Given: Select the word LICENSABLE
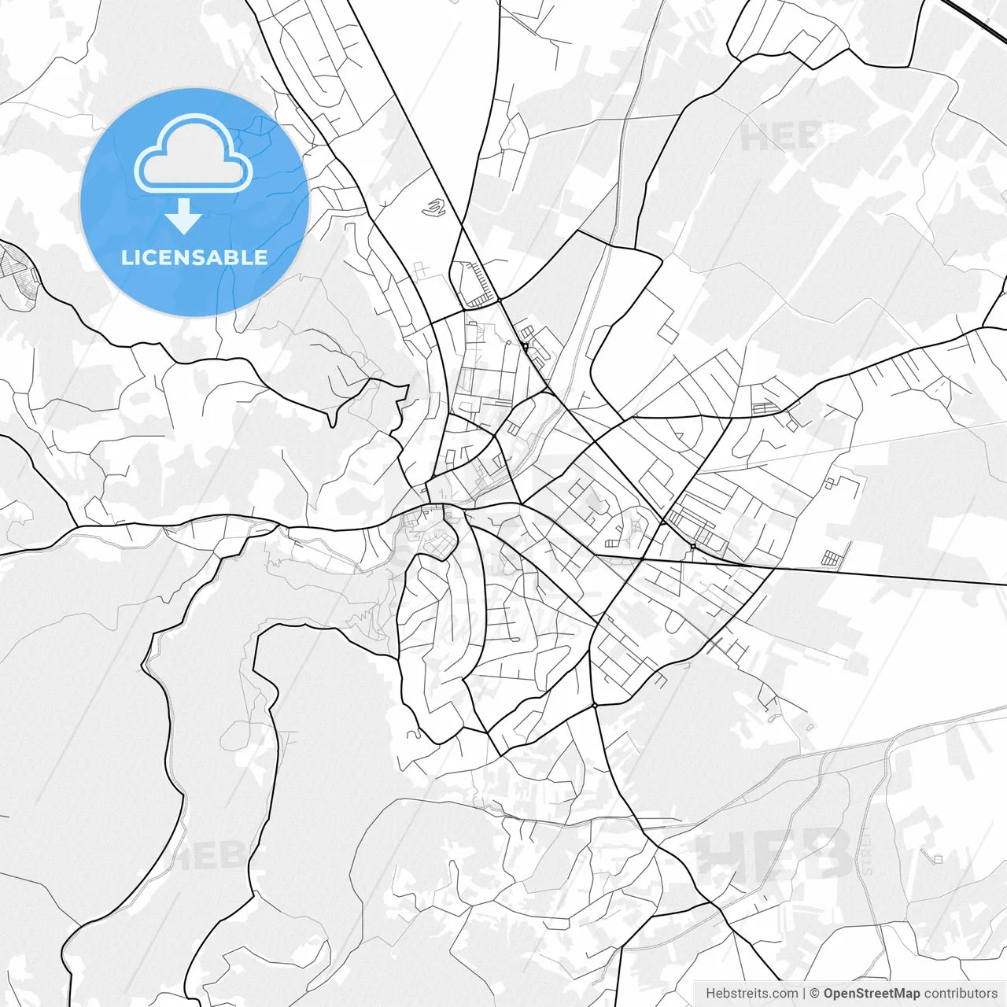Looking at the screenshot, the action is point(194,257).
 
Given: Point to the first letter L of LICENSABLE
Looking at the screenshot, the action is point(126,257).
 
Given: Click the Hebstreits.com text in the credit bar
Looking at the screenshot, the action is point(751,994).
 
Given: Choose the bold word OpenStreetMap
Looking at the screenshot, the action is point(871,994).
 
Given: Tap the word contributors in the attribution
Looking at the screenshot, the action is point(960,994).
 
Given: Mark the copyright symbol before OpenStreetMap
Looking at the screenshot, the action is point(814,994).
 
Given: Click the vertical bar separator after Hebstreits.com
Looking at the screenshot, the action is point(804,994).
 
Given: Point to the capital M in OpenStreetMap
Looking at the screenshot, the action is point(894,994).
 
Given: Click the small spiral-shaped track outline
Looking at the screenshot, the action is point(433,208).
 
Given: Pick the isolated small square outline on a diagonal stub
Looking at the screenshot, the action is point(936,858).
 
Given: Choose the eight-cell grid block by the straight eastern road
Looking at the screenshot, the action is point(832,559).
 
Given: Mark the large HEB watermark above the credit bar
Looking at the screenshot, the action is point(775,856).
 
